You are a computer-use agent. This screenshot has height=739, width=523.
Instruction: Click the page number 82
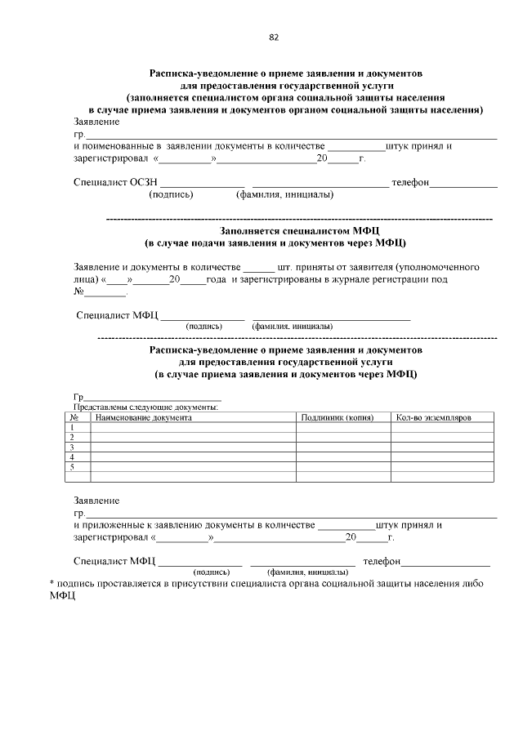274,38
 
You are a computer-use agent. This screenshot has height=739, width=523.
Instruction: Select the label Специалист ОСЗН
114,183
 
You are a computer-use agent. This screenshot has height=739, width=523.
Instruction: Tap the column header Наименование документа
143,417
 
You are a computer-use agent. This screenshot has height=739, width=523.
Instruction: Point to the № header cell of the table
74,417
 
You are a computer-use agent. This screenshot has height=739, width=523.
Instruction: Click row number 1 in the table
74,427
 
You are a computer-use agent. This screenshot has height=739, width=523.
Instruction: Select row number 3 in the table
74,447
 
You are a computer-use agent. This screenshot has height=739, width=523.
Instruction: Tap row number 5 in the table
74,467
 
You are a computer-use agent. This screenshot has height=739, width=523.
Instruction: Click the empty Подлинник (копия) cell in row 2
343,438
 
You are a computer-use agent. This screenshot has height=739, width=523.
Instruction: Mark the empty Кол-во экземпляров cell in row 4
443,457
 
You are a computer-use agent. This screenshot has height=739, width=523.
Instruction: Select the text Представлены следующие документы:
146,407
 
